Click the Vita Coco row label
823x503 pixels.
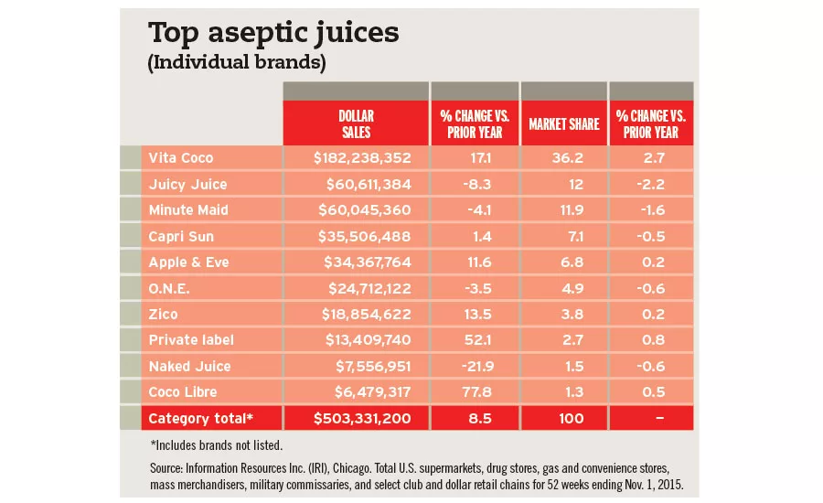180,157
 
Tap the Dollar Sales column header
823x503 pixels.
356,123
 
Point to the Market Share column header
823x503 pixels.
563,123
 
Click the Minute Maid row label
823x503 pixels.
188,209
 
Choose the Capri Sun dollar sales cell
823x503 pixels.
362,236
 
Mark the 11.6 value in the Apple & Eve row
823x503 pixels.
473,262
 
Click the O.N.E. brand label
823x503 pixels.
170,288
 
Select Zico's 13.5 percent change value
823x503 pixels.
473,314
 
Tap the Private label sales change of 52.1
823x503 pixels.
473,340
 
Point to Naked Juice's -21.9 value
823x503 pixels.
471,366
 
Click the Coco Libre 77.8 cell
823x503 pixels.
473,392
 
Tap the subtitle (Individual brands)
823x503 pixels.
237,64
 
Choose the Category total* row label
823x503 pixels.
198,419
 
